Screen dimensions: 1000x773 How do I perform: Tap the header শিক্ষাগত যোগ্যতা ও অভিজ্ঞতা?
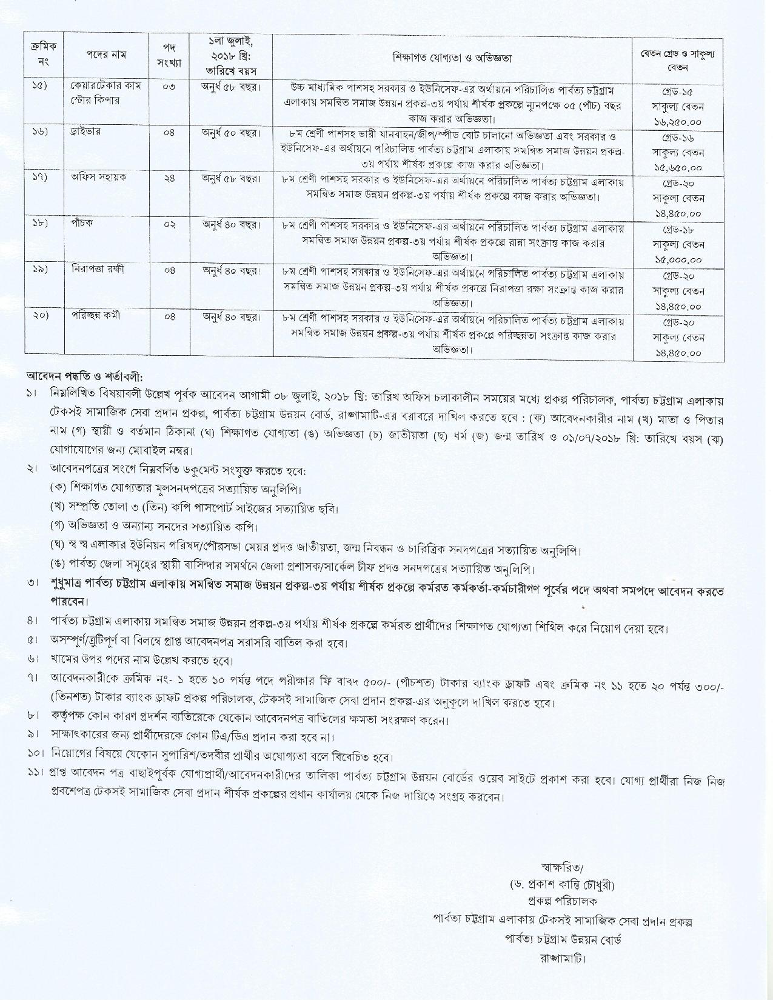(x=452, y=58)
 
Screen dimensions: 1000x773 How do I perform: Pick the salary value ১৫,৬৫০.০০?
(x=678, y=167)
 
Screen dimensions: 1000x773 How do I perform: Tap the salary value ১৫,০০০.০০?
(x=678, y=259)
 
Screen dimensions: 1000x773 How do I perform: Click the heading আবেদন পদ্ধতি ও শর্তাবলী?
(x=85, y=376)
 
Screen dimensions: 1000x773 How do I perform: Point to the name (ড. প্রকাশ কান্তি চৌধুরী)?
(x=562, y=885)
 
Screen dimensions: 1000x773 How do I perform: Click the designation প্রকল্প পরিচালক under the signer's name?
(x=562, y=902)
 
